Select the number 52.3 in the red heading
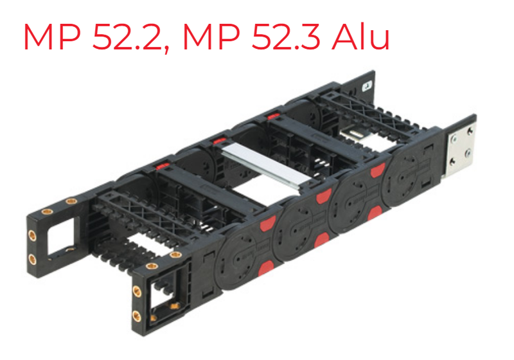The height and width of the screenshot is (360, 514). coord(285,37)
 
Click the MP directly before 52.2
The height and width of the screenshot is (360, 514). coord(52,37)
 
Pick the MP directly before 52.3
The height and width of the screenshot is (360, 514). coord(211,37)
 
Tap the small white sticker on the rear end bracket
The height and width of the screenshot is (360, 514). coord(367,86)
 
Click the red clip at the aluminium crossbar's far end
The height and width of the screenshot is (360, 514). coord(218,141)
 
